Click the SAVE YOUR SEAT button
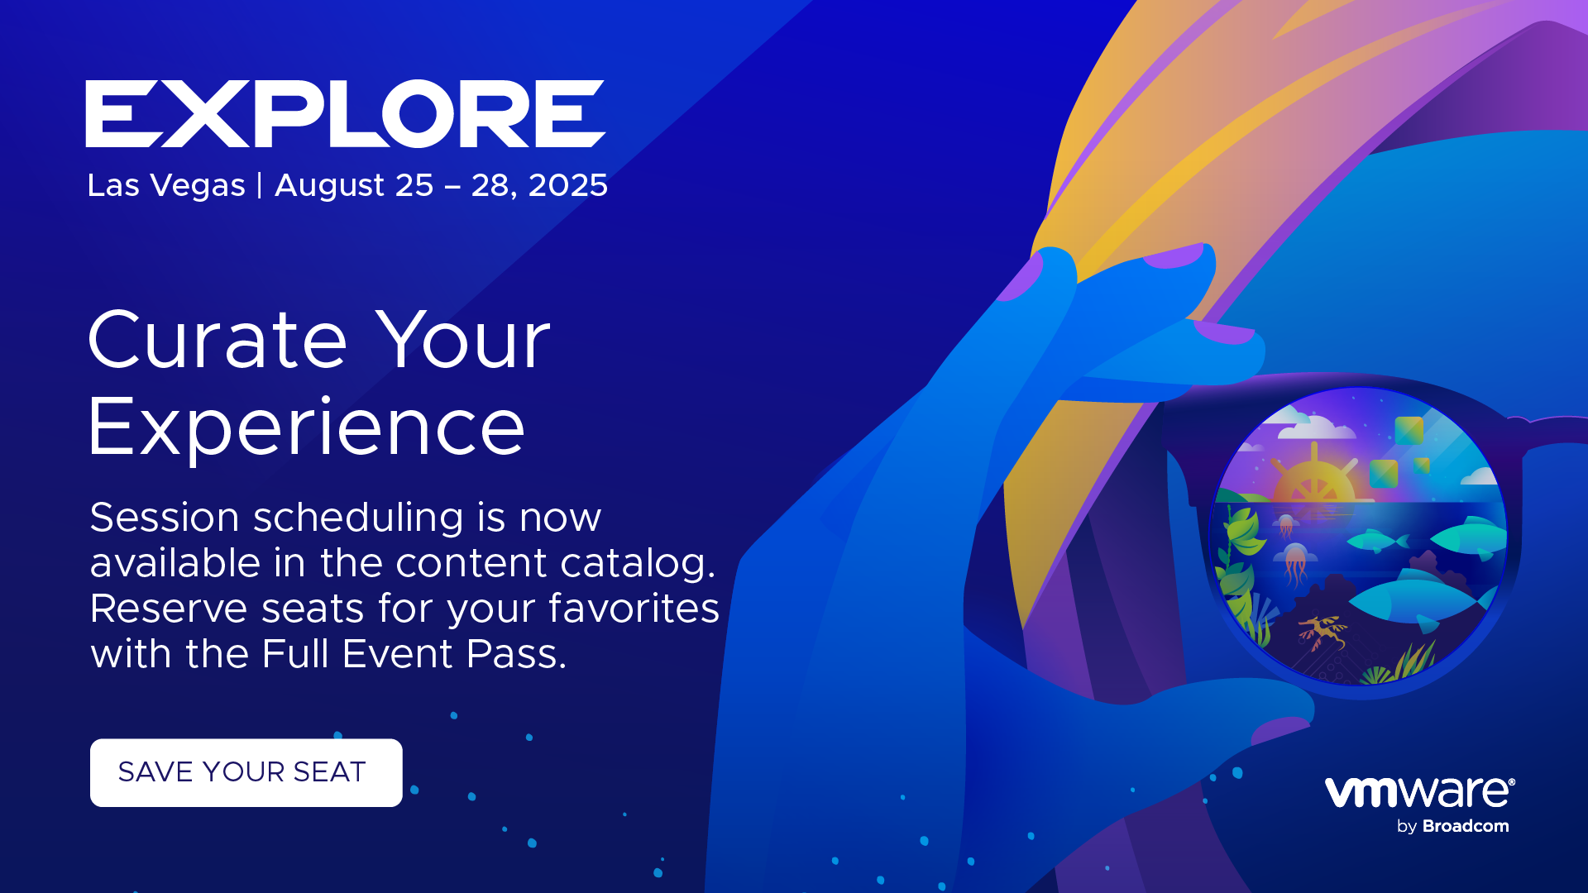tap(246, 772)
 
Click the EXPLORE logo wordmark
tap(346, 114)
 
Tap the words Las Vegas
tap(166, 186)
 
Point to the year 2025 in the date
tap(568, 185)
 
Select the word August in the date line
tap(330, 186)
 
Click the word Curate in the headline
tap(218, 340)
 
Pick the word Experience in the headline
tap(307, 428)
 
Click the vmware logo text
tap(1419, 792)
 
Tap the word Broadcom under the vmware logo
tap(1466, 826)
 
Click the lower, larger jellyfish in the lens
tap(1295, 562)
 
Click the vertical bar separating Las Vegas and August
tap(260, 185)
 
